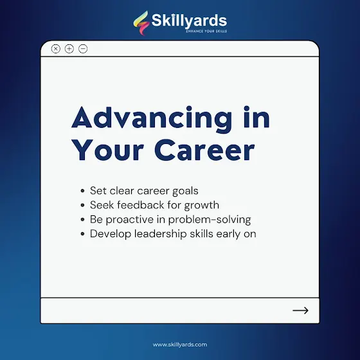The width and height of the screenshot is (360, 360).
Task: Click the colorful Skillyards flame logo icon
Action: tap(141, 22)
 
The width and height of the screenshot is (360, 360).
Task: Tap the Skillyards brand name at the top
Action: tap(189, 21)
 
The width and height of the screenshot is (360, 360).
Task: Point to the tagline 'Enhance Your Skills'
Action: tap(206, 31)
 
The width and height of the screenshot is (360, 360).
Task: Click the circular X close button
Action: tap(55, 49)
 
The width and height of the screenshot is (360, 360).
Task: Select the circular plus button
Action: tap(69, 49)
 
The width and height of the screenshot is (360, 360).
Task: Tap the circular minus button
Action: tap(83, 49)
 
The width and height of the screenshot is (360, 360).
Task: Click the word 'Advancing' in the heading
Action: tap(152, 119)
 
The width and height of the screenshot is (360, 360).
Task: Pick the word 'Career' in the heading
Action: tap(204, 150)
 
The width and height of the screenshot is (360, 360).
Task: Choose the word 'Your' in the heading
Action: tap(108, 150)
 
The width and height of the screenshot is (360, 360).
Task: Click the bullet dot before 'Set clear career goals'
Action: tap(83, 191)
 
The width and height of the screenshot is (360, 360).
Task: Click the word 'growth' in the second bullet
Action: tap(202, 205)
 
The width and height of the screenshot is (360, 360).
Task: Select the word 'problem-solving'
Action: tap(210, 220)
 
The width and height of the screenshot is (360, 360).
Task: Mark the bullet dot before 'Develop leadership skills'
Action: tap(83, 234)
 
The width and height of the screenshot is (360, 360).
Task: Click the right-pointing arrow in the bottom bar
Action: tap(300, 310)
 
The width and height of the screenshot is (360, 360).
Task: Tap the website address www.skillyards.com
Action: tap(180, 345)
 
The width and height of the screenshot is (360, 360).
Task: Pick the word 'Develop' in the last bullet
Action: tap(111, 234)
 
